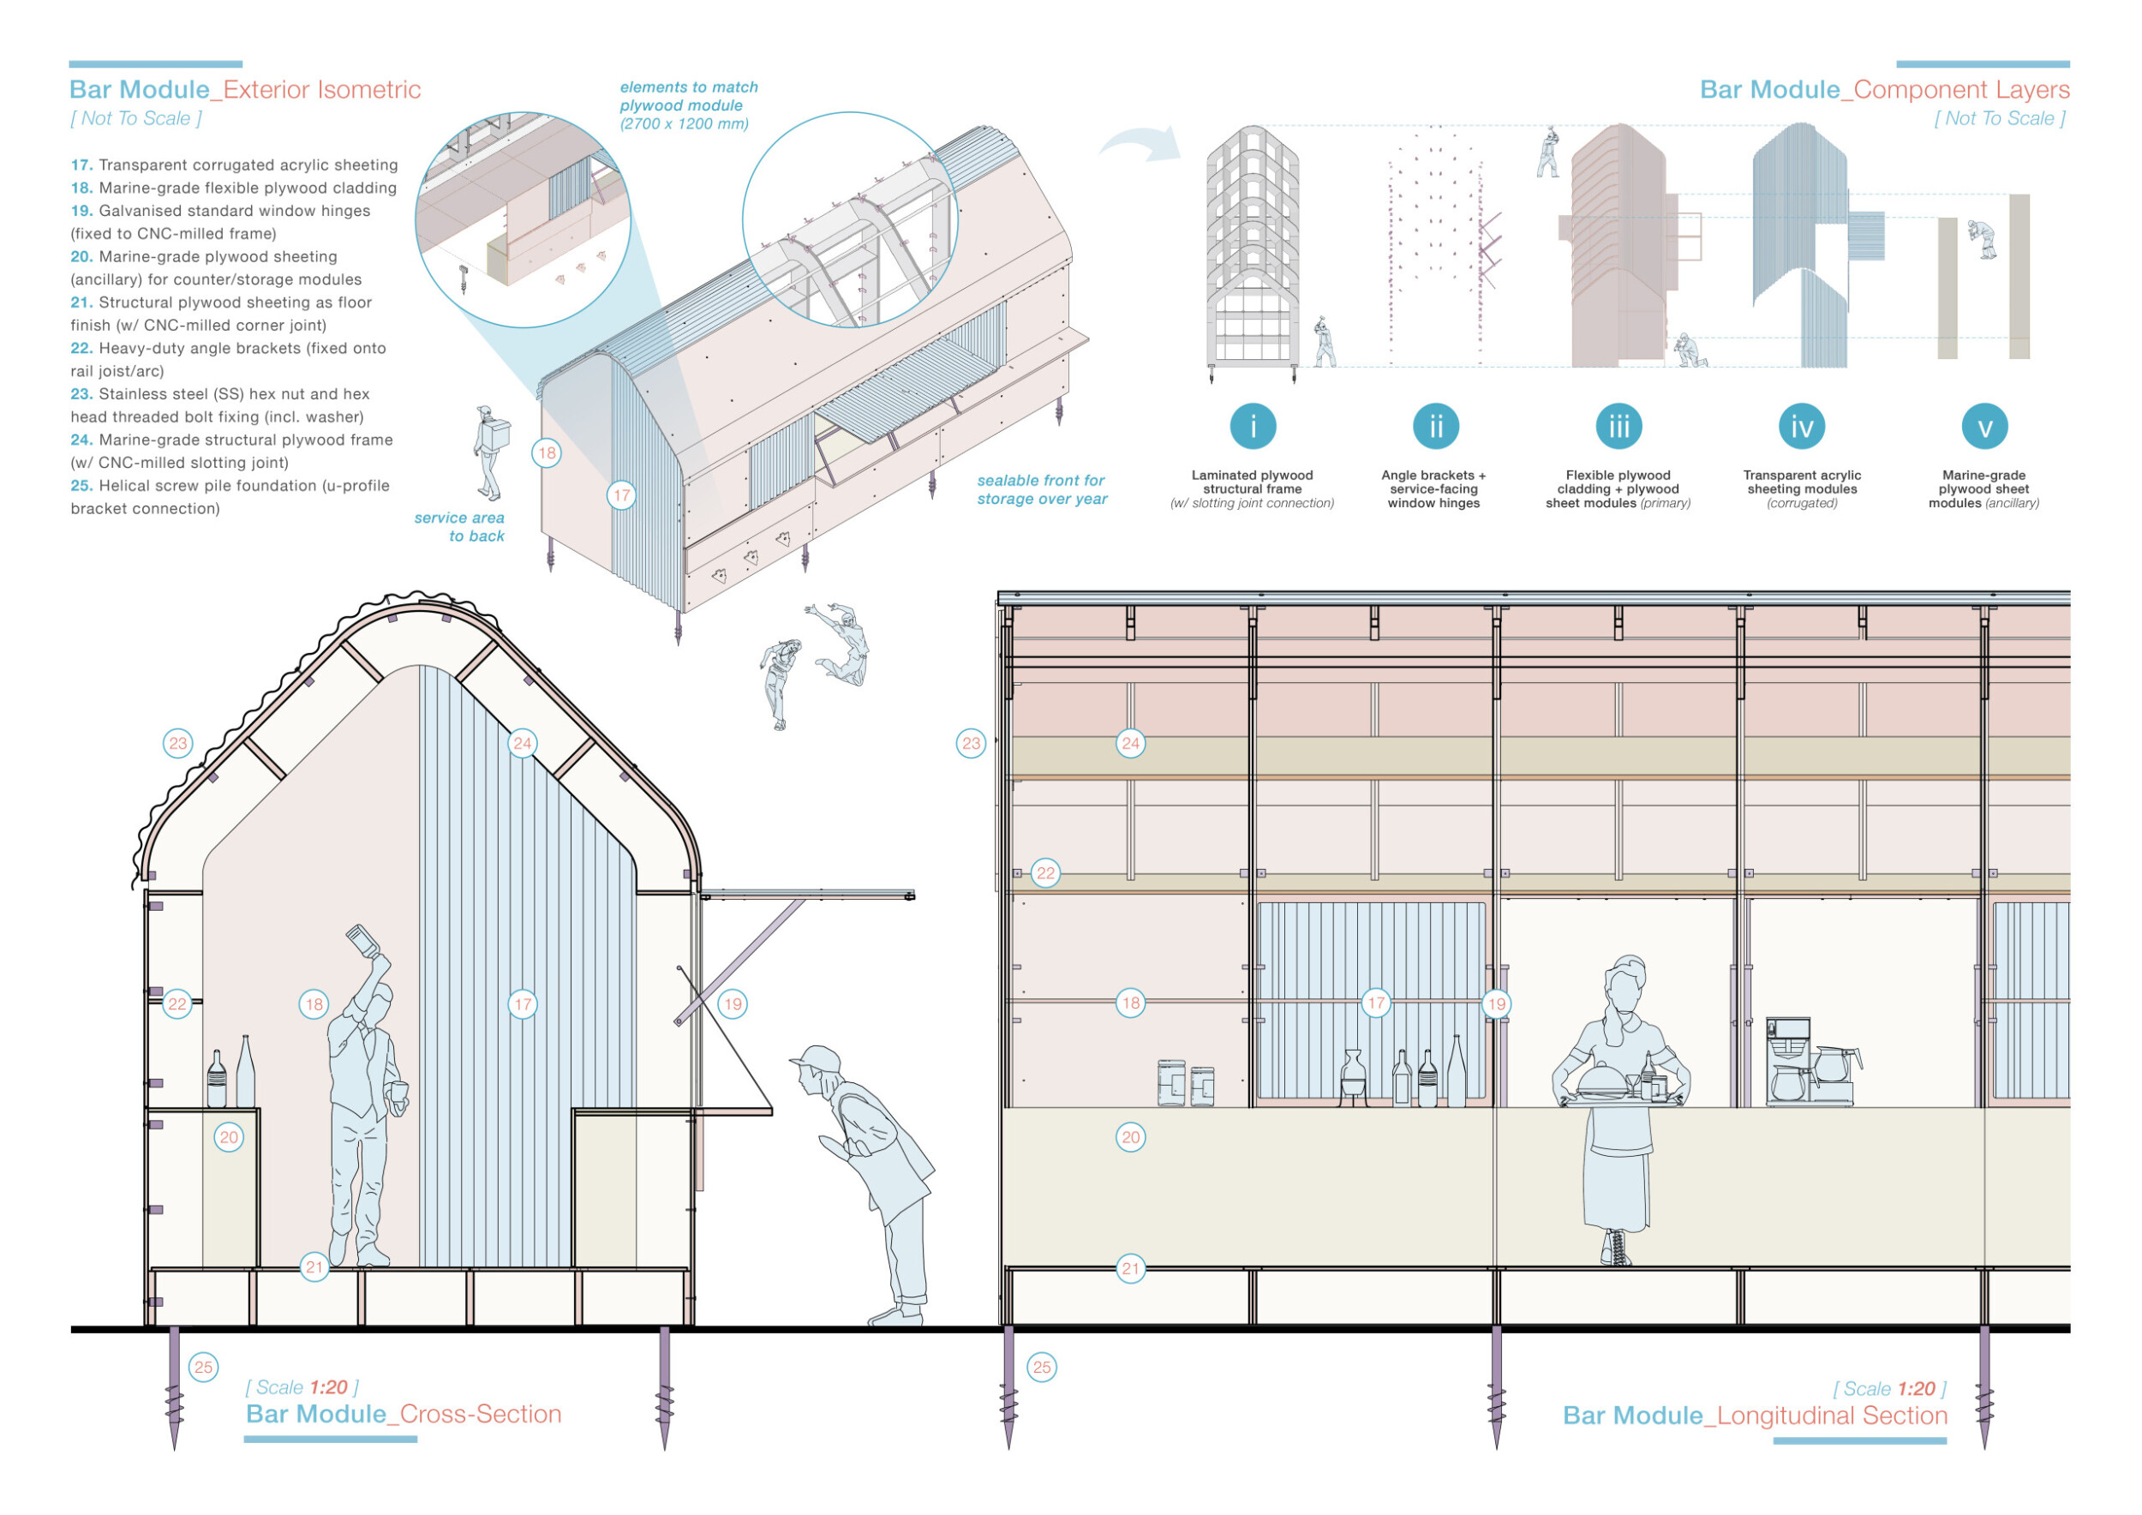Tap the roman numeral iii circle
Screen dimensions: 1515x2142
1618,427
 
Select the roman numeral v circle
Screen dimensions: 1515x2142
1984,427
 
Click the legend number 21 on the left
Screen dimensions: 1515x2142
81,302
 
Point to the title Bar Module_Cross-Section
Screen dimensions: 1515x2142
403,1413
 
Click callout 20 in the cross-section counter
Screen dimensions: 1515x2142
229,1136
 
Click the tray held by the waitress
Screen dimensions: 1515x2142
1620,1097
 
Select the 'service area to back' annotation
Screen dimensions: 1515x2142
460,526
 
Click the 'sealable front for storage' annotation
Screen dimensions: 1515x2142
1041,488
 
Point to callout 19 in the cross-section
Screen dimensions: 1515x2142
733,1003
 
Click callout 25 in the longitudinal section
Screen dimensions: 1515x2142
1041,1367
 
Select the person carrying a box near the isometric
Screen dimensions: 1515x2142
490,452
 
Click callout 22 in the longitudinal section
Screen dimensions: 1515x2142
1045,873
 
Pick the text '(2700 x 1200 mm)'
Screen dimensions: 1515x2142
684,124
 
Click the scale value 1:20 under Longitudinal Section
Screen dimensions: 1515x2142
1915,1388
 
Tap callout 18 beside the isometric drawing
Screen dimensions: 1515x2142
546,452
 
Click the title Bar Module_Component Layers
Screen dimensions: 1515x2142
1883,90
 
